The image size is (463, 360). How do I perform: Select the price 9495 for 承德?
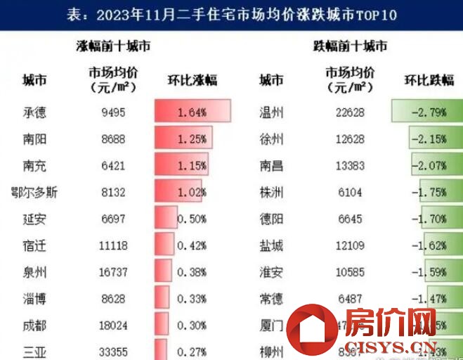pyautogui.click(x=113, y=112)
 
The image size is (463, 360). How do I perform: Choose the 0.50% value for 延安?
pyautogui.click(x=191, y=219)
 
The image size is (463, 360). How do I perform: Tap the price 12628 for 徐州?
pyautogui.click(x=350, y=139)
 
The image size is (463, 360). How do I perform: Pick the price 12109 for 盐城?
pyautogui.click(x=350, y=246)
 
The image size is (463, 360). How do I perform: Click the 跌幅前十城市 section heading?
pyautogui.click(x=349, y=47)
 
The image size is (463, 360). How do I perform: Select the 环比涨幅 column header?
pyautogui.click(x=192, y=79)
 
